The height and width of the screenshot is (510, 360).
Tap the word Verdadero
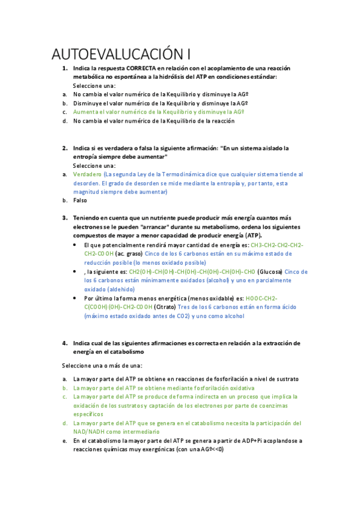87,174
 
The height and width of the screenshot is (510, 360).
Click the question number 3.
64,218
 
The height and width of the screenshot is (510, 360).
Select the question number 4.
64,343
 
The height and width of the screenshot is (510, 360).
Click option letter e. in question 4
64,441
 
